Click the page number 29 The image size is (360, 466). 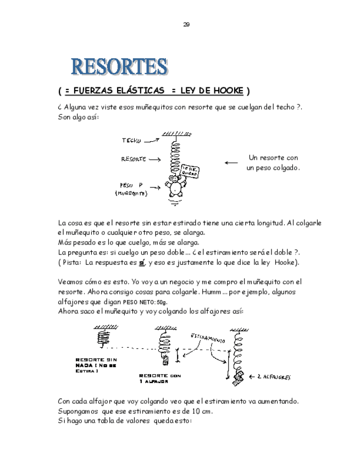186,24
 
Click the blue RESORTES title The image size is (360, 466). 118,66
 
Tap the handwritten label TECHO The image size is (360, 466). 131,141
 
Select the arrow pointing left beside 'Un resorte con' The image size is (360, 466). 231,162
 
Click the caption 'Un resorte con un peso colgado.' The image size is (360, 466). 273,162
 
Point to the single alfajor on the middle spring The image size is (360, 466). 164,360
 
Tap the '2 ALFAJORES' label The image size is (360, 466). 274,378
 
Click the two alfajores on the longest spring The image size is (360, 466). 240,377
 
